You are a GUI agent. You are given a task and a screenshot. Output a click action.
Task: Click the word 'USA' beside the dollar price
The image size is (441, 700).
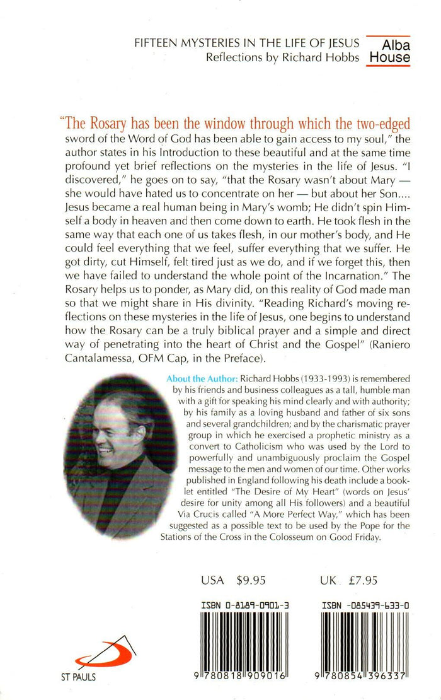coord(212,581)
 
